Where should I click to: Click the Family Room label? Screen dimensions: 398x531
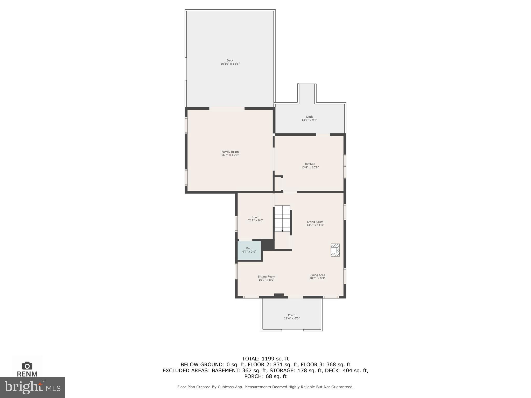point(230,152)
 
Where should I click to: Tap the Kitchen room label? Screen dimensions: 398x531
point(310,164)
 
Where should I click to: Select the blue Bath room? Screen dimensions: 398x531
point(249,250)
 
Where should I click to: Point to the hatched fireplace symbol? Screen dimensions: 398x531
point(335,250)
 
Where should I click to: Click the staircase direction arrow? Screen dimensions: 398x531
point(282,230)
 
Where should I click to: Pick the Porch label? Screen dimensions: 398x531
point(291,315)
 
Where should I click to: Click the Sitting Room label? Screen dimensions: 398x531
point(266,277)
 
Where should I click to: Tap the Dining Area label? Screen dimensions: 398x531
point(317,275)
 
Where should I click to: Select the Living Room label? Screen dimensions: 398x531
point(315,222)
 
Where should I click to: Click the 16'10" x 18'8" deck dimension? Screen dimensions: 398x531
point(230,64)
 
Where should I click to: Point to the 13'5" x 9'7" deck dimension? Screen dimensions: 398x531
point(309,120)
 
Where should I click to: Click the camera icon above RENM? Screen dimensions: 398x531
point(27,366)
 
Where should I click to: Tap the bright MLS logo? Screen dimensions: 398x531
point(32,387)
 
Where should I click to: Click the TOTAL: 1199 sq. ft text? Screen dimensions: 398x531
point(265,359)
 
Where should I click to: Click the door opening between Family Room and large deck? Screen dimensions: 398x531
point(227,108)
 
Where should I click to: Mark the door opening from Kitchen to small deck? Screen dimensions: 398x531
point(323,134)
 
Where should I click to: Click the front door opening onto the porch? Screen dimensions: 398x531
point(295,297)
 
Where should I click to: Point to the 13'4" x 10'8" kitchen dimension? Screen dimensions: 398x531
point(310,167)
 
